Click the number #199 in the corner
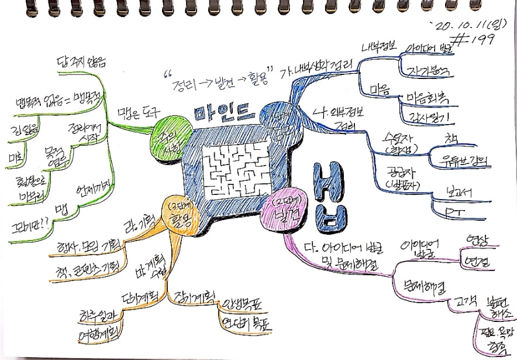coord(475,39)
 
